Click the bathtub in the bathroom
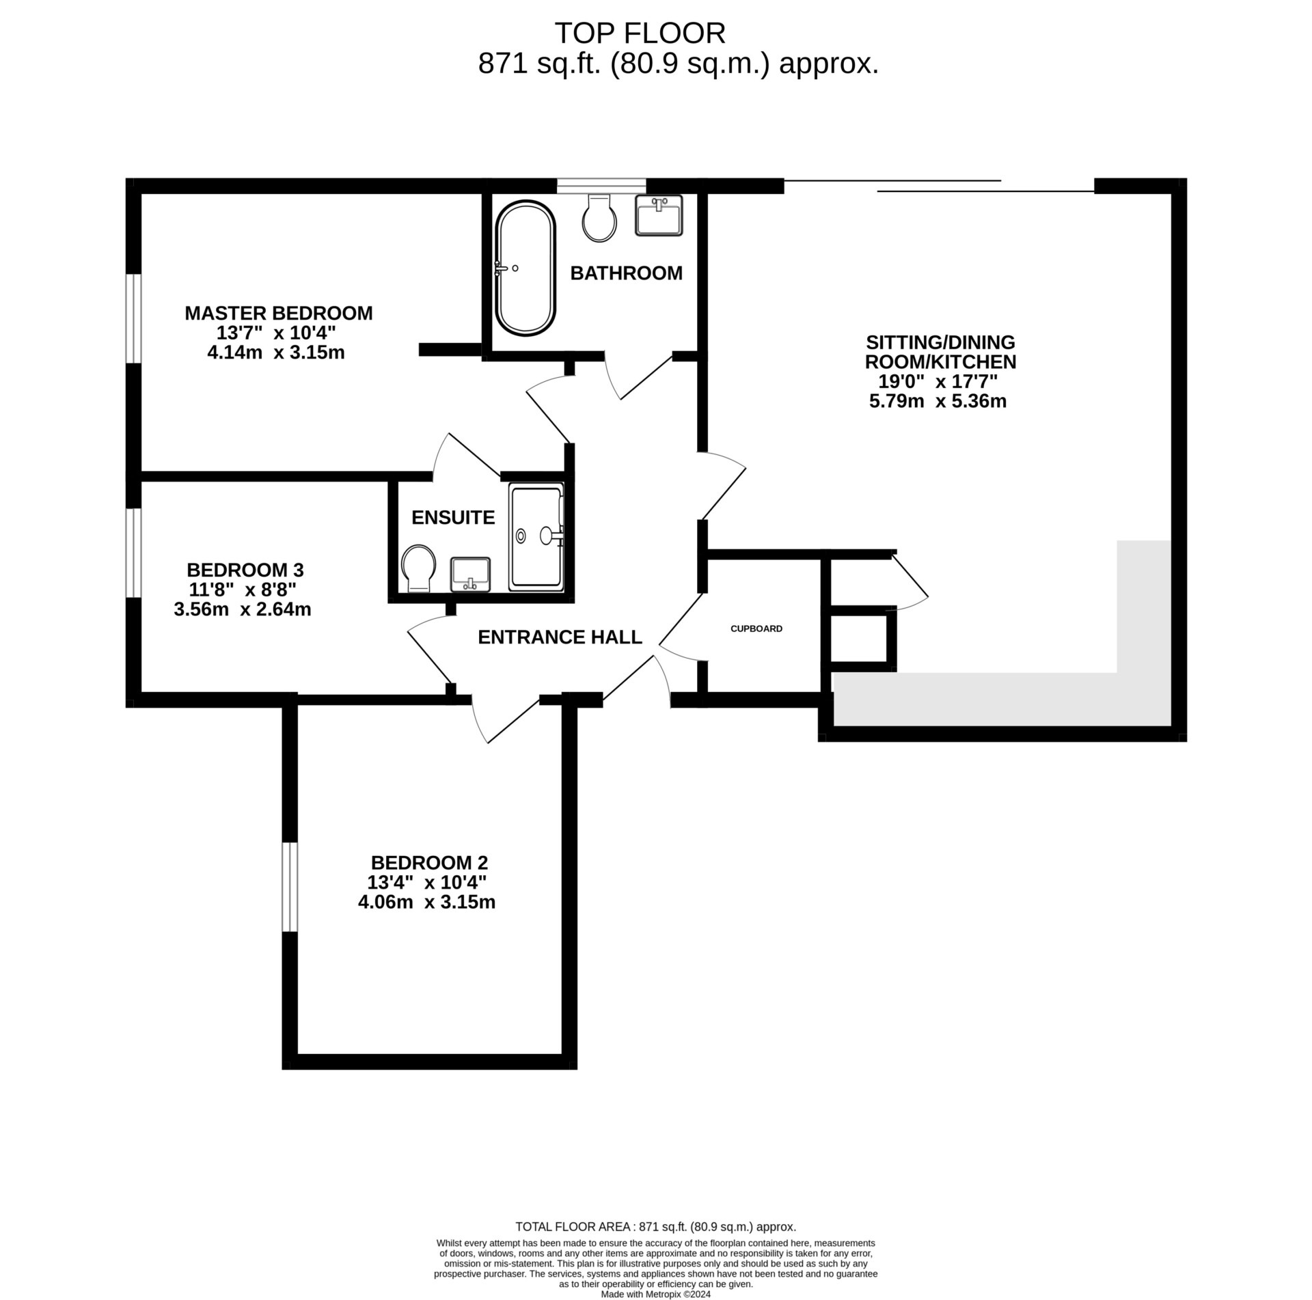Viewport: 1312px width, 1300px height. [x=525, y=268]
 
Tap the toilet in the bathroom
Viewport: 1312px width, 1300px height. [x=599, y=217]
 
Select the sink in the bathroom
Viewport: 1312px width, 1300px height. [x=659, y=215]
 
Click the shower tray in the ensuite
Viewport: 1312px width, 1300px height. [x=536, y=536]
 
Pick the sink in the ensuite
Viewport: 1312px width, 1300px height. [x=470, y=574]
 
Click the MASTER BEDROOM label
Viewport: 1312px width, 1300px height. [x=278, y=313]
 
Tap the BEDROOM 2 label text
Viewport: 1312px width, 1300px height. [x=429, y=862]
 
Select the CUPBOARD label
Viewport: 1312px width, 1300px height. [x=756, y=628]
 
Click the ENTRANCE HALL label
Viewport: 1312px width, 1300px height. [x=560, y=637]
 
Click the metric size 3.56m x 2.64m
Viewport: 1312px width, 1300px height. [x=243, y=609]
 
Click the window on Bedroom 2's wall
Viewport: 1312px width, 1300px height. [x=290, y=887]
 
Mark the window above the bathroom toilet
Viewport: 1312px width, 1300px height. [x=601, y=184]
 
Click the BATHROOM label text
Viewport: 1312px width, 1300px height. [x=626, y=273]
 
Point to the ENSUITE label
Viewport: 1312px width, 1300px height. [x=453, y=517]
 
